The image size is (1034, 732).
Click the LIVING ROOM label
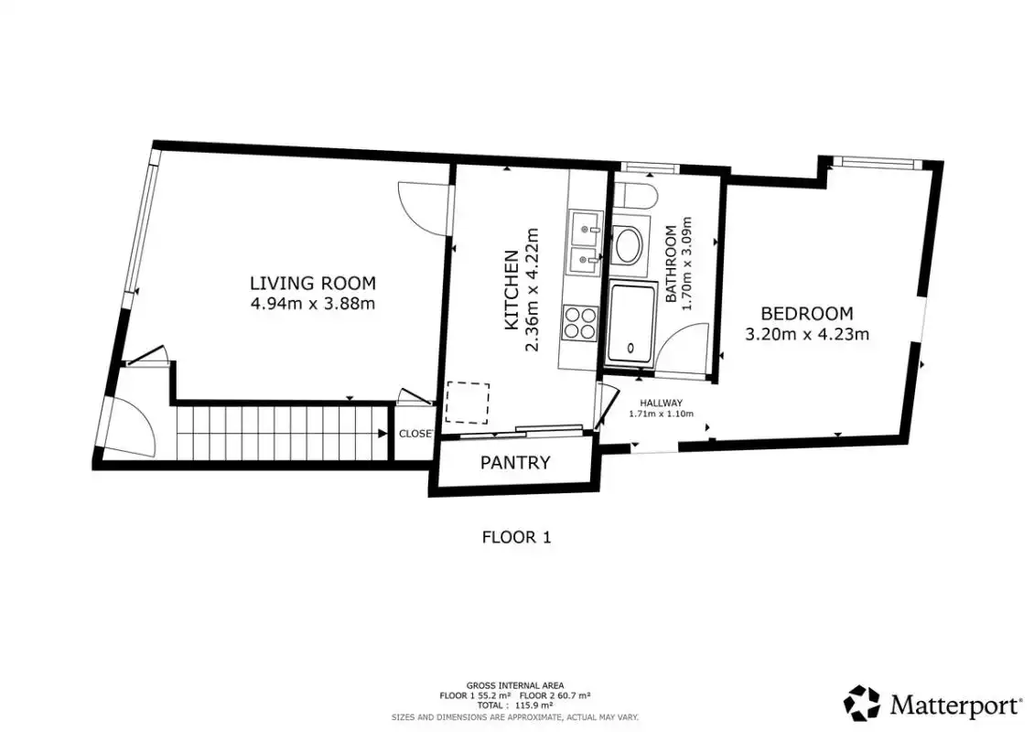tap(313, 283)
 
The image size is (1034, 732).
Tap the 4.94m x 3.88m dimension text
tap(313, 304)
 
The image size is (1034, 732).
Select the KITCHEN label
tap(511, 290)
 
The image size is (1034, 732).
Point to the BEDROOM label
tap(806, 313)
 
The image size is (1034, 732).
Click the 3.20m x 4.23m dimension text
tap(806, 334)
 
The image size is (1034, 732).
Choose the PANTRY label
tap(515, 462)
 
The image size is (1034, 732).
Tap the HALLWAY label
tap(662, 403)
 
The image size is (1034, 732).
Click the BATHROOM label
tap(672, 264)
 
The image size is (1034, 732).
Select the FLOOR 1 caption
tap(516, 537)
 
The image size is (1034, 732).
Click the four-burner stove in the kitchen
tap(580, 323)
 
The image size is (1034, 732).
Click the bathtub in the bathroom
tap(632, 324)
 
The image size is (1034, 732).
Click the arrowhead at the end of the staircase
tap(382, 434)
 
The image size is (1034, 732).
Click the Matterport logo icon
tap(862, 703)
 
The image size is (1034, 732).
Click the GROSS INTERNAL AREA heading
tap(515, 686)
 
